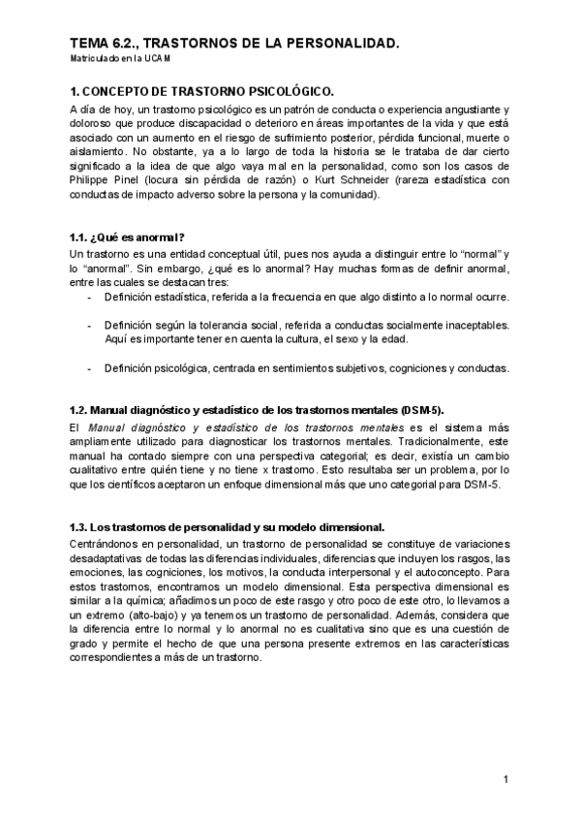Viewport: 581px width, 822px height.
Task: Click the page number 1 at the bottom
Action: tap(505, 779)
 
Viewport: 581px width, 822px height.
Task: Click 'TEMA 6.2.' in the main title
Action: tap(102, 45)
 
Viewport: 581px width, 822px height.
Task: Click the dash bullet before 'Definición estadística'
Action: tap(90, 296)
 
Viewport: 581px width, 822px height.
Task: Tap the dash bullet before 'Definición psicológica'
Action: tap(90, 368)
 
